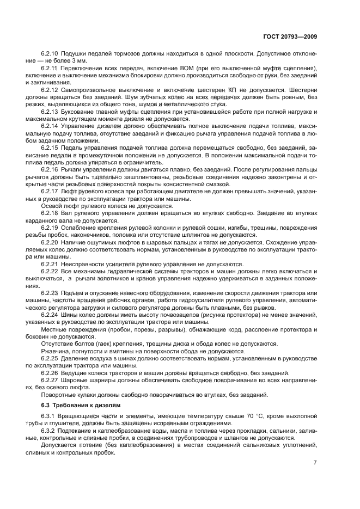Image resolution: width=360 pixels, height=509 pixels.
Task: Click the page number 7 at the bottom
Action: click(315, 463)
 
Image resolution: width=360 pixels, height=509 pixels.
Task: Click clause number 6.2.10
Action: click(50, 54)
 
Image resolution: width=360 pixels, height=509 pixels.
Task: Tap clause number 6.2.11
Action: click(50, 68)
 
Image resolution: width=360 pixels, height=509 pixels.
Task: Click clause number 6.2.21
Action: click(50, 263)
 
